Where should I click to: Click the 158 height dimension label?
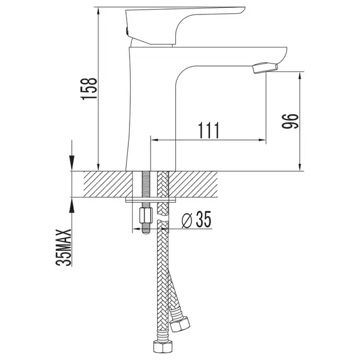(x=89, y=88)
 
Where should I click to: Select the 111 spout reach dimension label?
(x=209, y=130)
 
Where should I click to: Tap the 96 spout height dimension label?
(x=290, y=121)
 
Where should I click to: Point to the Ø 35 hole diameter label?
(x=196, y=220)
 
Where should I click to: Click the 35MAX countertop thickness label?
(x=64, y=247)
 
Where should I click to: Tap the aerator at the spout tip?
(x=265, y=68)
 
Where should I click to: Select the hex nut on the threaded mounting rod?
(x=146, y=215)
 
